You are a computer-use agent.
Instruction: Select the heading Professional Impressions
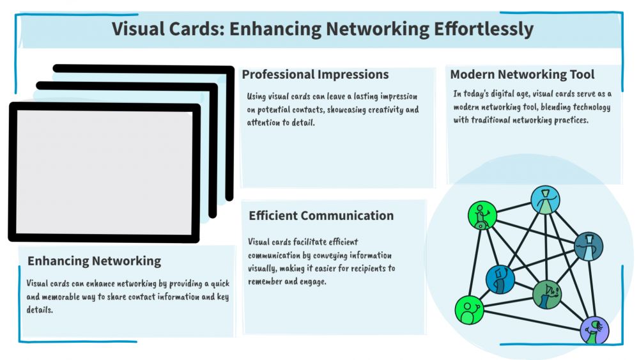click(x=315, y=75)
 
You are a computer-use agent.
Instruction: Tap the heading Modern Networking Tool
click(x=522, y=75)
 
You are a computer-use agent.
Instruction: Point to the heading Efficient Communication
click(x=321, y=215)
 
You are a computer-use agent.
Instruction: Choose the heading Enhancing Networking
click(x=94, y=261)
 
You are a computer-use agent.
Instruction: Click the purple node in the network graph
click(x=594, y=331)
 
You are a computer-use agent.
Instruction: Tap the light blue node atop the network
click(x=545, y=200)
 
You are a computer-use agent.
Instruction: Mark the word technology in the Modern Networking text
click(x=589, y=107)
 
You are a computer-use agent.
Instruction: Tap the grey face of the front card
click(x=104, y=173)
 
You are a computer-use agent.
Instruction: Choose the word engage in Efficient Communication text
click(x=314, y=281)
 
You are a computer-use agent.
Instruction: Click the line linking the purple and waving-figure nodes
click(x=530, y=320)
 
